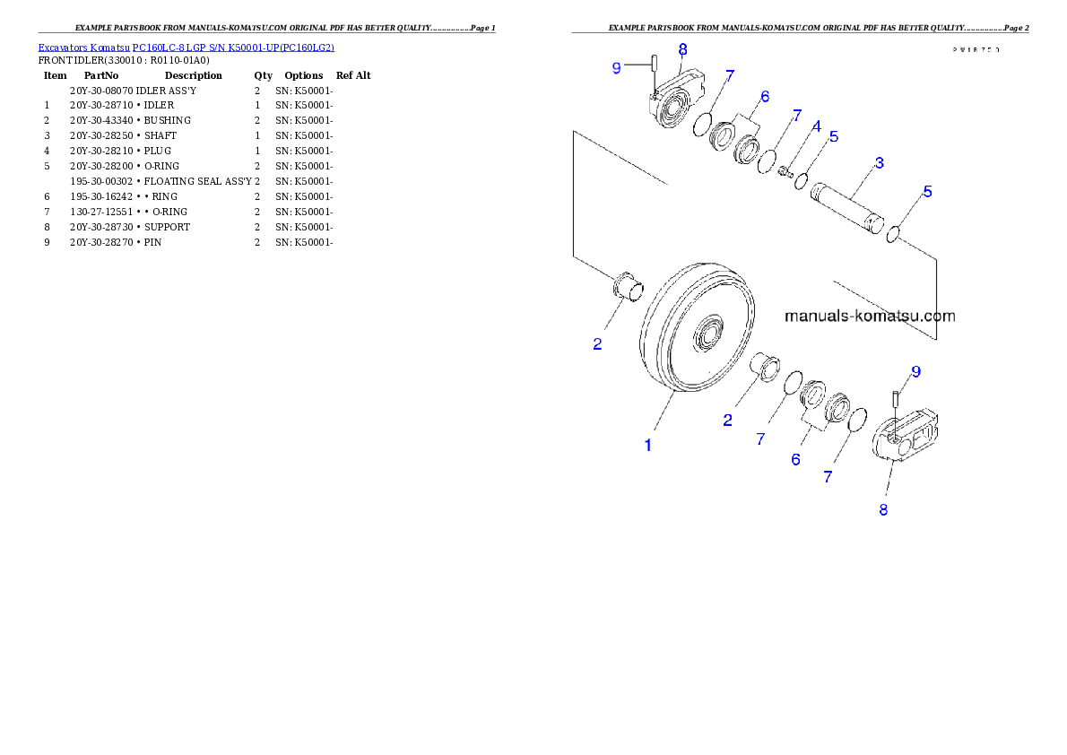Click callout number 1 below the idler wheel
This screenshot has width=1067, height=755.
(648, 445)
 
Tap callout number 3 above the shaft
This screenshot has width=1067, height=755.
(879, 163)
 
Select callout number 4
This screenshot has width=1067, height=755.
(816, 127)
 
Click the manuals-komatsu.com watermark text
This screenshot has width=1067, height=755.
(870, 316)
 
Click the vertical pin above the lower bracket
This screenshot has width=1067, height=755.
(895, 400)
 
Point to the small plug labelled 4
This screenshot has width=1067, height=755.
(785, 170)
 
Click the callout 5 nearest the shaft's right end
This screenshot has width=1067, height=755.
(928, 191)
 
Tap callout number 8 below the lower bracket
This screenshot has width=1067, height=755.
(883, 509)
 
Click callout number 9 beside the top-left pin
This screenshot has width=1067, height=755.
(616, 68)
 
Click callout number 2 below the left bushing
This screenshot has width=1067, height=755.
(598, 343)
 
